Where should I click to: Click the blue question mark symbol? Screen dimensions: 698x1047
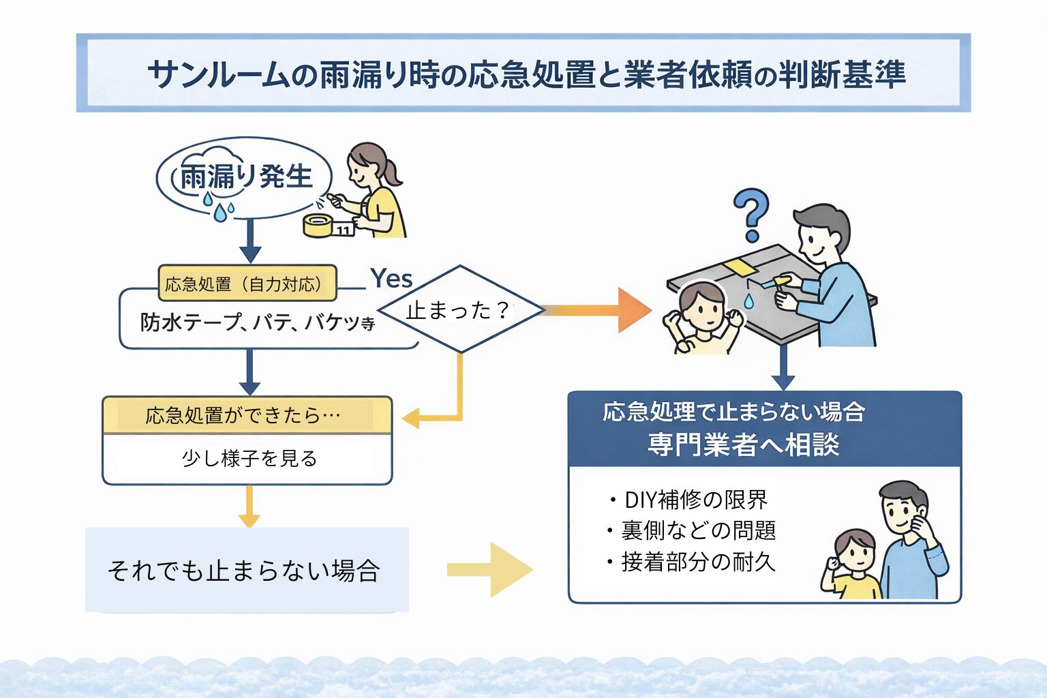pyautogui.click(x=751, y=213)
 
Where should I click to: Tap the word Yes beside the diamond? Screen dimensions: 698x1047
pyautogui.click(x=391, y=279)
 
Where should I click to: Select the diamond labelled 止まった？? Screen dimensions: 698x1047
pyautogui.click(x=461, y=309)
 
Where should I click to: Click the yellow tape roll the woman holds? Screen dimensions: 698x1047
pyautogui.click(x=318, y=225)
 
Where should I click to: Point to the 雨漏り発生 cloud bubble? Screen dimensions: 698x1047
pyautogui.click(x=244, y=178)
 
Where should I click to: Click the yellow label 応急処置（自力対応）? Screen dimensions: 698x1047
pyautogui.click(x=247, y=284)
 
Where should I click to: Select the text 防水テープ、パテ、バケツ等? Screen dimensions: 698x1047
pyautogui.click(x=258, y=322)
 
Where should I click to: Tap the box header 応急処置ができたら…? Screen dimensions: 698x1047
pyautogui.click(x=247, y=415)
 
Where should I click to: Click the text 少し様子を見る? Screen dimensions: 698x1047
pyautogui.click(x=249, y=458)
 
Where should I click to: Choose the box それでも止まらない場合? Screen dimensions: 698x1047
pyautogui.click(x=245, y=570)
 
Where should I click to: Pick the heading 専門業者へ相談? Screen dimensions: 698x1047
pyautogui.click(x=744, y=444)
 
